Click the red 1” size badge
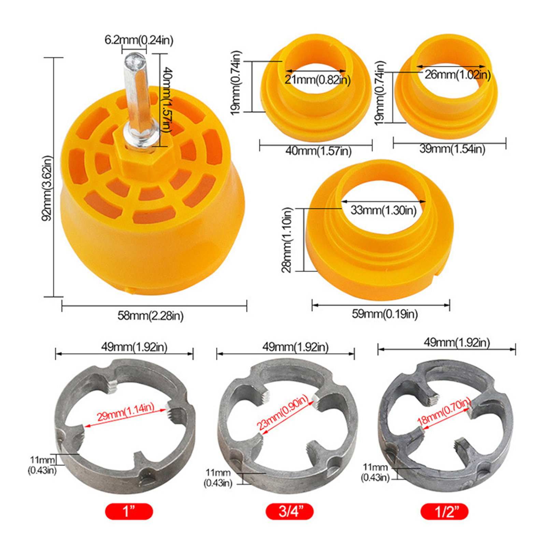(129, 511)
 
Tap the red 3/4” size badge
(289, 511)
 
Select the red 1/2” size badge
(444, 511)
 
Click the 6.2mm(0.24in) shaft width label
(139, 40)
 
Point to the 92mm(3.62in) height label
(47, 188)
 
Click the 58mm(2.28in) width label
(150, 316)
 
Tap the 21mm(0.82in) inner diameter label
(318, 80)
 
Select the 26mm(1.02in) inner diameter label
(458, 74)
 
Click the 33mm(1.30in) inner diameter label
(384, 210)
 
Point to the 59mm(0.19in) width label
(385, 314)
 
